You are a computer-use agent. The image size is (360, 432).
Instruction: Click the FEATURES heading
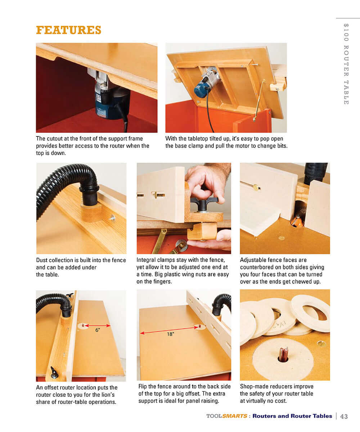point(68,30)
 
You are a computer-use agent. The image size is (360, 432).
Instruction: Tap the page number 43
point(344,416)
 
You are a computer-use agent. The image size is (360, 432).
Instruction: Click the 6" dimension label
point(98,330)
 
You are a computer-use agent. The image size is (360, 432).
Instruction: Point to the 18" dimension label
point(170,334)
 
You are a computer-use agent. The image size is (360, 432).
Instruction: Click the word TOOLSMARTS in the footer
point(227,416)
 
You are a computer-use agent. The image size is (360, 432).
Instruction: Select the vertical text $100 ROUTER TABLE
point(346,64)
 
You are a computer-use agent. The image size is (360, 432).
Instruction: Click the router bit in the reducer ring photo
point(283,355)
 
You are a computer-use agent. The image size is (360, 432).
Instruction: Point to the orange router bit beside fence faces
point(297,221)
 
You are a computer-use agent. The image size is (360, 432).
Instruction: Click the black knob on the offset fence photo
point(54,373)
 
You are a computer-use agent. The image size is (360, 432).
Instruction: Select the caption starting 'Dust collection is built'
point(81,267)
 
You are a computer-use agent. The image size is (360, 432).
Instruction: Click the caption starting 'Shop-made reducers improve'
point(276,393)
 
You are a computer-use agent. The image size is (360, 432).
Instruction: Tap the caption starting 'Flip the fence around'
point(184,393)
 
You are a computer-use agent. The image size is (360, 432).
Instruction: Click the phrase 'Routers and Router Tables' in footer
point(292,416)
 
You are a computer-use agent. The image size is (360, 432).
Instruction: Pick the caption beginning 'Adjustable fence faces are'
point(283,271)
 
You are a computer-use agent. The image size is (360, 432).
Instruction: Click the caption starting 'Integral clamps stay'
point(183,271)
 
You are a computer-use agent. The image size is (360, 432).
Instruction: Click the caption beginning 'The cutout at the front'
point(93,146)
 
